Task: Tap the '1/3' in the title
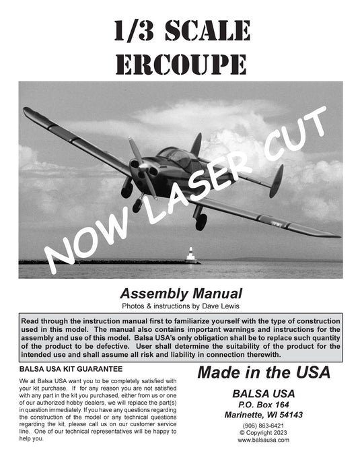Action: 131,30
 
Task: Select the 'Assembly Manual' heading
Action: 180,294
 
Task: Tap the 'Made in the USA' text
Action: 263,372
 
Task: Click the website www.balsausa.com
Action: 263,440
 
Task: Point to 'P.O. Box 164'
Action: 263,405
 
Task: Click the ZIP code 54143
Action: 289,415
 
